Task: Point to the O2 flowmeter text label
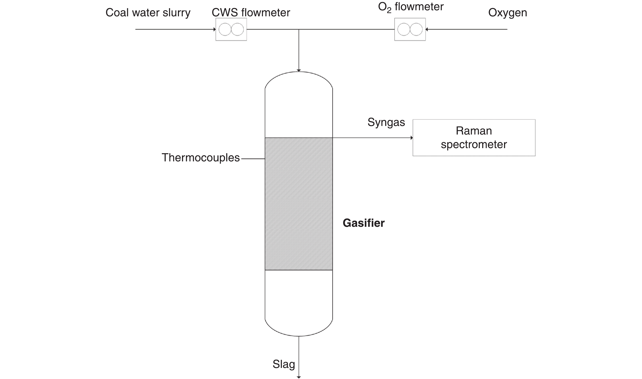tap(411, 7)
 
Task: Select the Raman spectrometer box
tap(474, 138)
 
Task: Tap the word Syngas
tap(386, 122)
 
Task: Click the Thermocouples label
tap(201, 158)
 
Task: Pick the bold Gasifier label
tap(363, 223)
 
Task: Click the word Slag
tap(284, 364)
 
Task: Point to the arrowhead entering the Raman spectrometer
tap(411, 138)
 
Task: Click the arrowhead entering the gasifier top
tap(299, 70)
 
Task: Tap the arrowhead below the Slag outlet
tap(299, 377)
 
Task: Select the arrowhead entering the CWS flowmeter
tap(215, 29)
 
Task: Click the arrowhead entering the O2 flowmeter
tap(427, 29)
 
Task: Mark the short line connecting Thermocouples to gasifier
tap(253, 159)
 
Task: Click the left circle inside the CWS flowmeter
tap(225, 29)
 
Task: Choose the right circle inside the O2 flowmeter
tap(416, 29)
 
